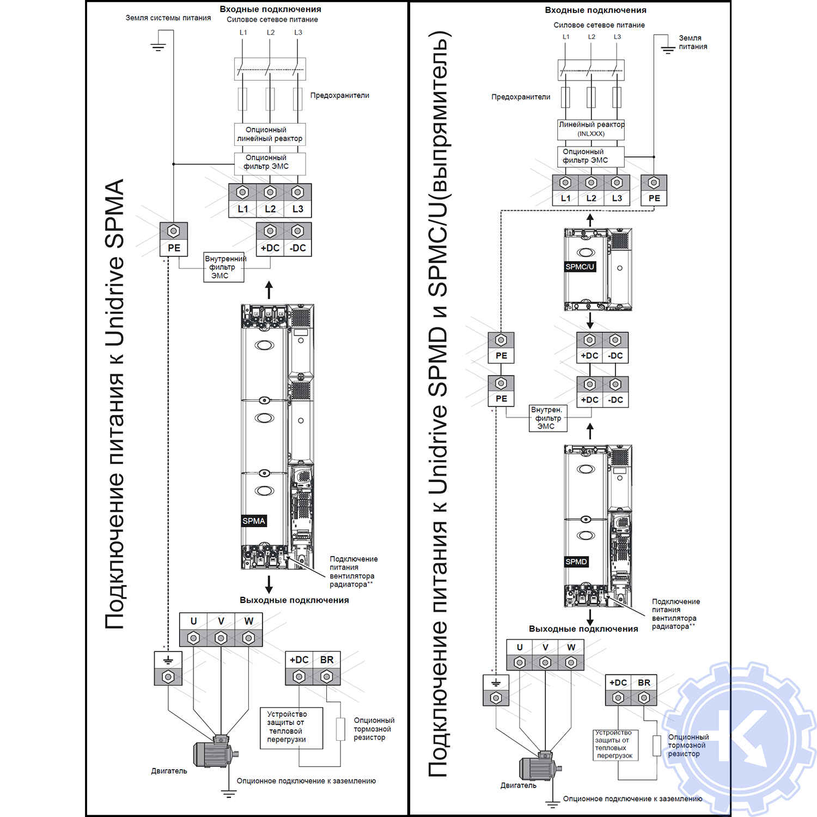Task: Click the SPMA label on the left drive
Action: tap(254, 521)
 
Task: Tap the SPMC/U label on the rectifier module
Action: tap(580, 267)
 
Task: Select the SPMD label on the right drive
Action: tap(576, 562)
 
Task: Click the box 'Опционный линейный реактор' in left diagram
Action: tap(270, 135)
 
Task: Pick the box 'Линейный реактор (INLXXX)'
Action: tap(591, 129)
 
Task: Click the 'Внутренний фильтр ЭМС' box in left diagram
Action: tap(224, 267)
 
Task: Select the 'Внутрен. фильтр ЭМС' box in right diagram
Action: tap(547, 418)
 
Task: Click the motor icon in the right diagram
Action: tap(540, 767)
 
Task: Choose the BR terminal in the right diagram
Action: tap(644, 691)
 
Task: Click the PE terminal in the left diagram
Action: tap(174, 239)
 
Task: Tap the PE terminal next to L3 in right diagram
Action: tap(654, 190)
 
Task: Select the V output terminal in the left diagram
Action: tap(221, 630)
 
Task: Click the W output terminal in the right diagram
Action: tap(571, 655)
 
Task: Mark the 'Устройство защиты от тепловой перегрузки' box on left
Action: tap(292, 728)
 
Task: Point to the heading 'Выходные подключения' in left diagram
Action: tap(294, 600)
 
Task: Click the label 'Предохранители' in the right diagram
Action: tap(521, 97)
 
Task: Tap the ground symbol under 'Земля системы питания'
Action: tap(158, 46)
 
